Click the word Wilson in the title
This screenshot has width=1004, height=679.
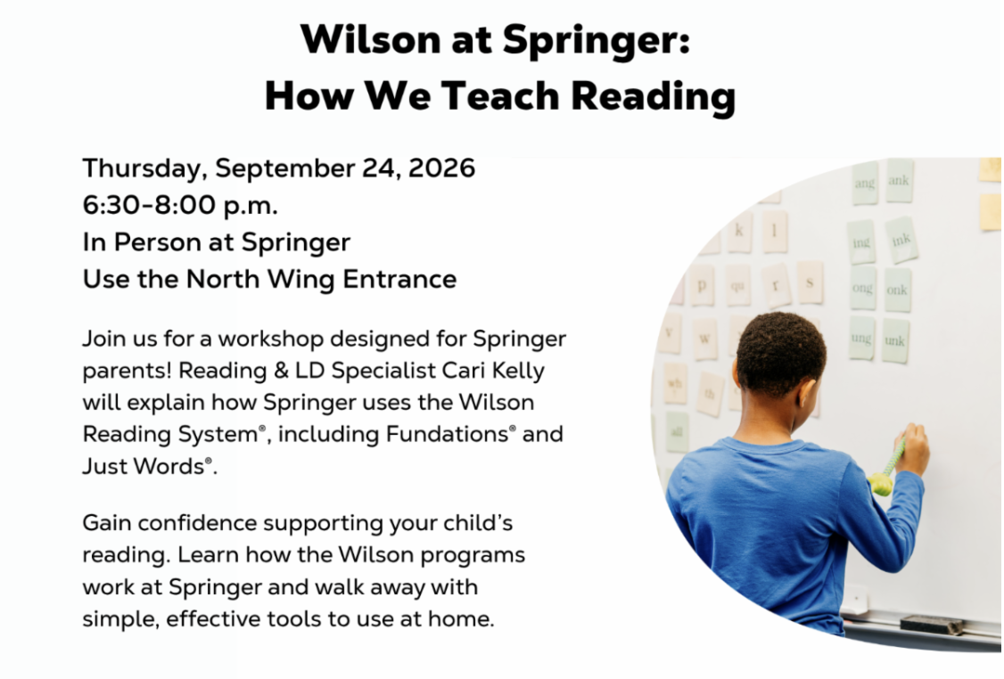[x=370, y=40]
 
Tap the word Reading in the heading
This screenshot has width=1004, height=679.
[x=653, y=97]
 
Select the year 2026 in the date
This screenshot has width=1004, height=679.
[x=441, y=168]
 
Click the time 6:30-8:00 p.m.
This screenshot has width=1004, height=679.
[x=180, y=206]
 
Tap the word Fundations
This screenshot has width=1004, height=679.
[x=447, y=434]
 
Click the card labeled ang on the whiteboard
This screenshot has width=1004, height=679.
[x=864, y=184]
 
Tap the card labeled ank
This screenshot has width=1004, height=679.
[x=899, y=181]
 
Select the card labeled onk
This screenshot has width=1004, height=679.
[x=897, y=290]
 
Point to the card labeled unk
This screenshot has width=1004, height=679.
[x=894, y=340]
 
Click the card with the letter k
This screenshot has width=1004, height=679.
[x=739, y=231]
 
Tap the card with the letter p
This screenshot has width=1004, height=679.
[x=702, y=285]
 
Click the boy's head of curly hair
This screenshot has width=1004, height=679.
[x=780, y=353]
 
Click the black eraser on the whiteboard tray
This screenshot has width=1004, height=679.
[x=932, y=625]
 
